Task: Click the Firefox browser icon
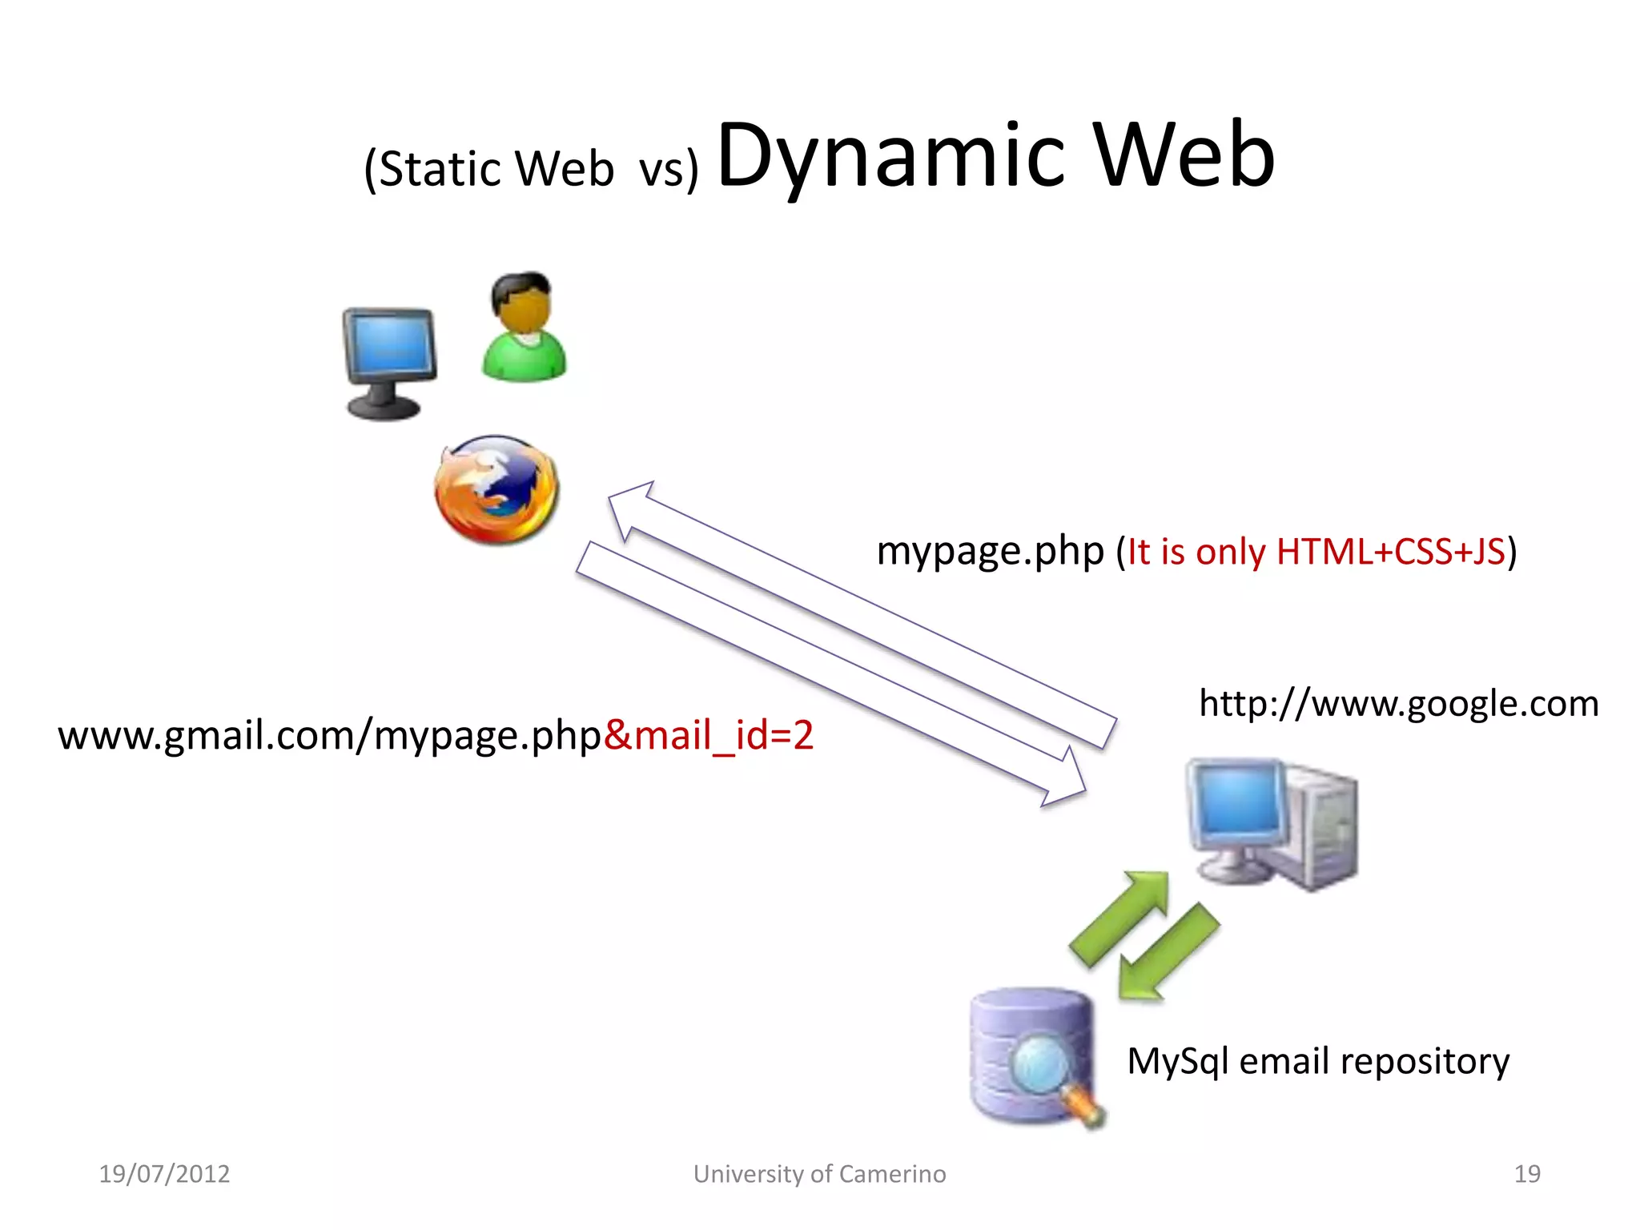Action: coord(496,489)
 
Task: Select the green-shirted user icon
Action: coord(524,328)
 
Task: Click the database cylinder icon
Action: coord(1031,1055)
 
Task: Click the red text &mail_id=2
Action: coord(709,735)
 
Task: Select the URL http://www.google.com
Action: coord(1398,704)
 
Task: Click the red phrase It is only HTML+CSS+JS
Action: coord(1316,552)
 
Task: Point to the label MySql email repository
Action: coord(1318,1061)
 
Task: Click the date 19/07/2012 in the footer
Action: coord(164,1174)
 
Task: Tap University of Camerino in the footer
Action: coord(819,1174)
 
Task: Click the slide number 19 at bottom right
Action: coord(1527,1174)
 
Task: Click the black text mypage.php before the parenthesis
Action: coord(990,552)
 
